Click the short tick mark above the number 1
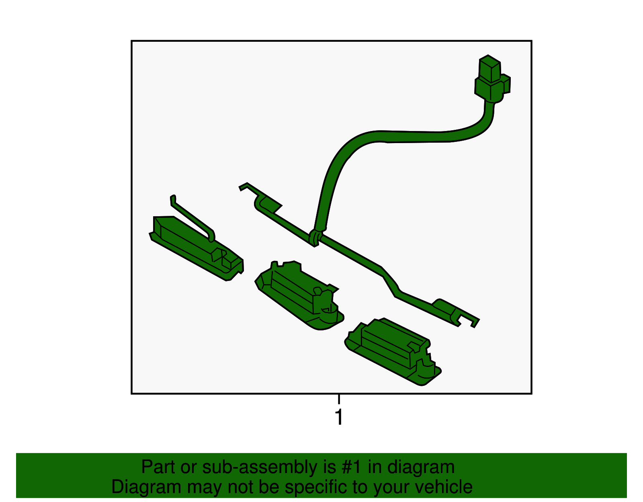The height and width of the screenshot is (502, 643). tap(339, 399)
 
